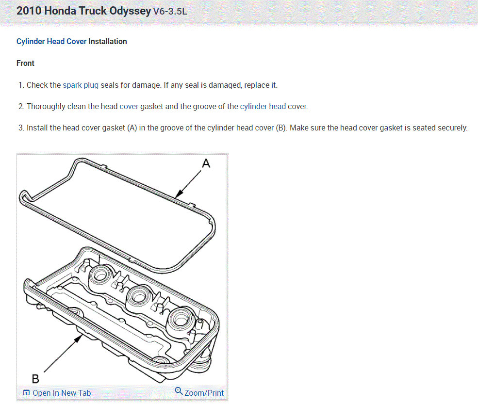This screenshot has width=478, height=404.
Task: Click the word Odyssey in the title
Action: [x=130, y=11]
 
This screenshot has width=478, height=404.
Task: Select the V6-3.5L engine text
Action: [x=170, y=11]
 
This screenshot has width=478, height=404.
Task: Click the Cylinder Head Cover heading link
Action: [x=51, y=41]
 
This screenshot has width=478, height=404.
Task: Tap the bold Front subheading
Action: [x=25, y=63]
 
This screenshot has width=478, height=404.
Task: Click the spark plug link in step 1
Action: [x=81, y=85]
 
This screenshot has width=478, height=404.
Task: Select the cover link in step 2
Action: [x=129, y=106]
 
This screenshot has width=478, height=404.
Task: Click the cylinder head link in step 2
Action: [x=263, y=106]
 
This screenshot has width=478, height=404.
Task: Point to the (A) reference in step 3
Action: [x=132, y=128]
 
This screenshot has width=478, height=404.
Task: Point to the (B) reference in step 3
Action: [x=281, y=128]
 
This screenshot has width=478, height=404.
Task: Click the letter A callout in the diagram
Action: [x=206, y=163]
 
